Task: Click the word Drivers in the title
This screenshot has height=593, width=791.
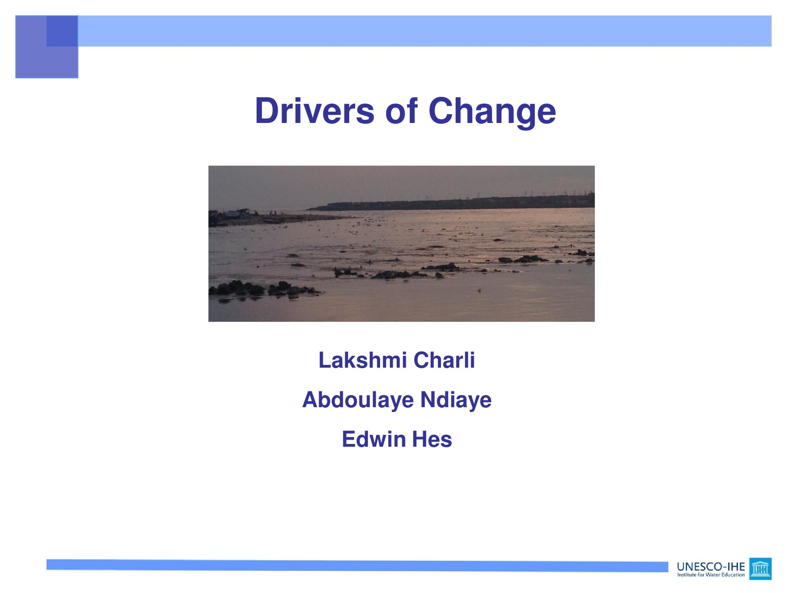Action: [315, 111]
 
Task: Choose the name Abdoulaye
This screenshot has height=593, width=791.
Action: [358, 400]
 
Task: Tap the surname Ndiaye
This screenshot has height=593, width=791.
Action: [456, 400]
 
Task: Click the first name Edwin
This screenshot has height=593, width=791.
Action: [374, 439]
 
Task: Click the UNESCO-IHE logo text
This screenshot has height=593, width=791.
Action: [711, 567]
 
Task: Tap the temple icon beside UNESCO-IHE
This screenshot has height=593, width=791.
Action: [760, 569]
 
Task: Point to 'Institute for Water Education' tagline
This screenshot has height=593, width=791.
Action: [711, 575]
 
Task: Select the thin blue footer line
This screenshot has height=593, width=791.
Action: [357, 566]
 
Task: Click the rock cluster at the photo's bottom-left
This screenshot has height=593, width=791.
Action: [263, 289]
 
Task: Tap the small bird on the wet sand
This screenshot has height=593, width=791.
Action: [479, 291]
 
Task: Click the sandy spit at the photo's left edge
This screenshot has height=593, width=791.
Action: [277, 217]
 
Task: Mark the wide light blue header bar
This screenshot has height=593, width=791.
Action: [425, 31]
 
